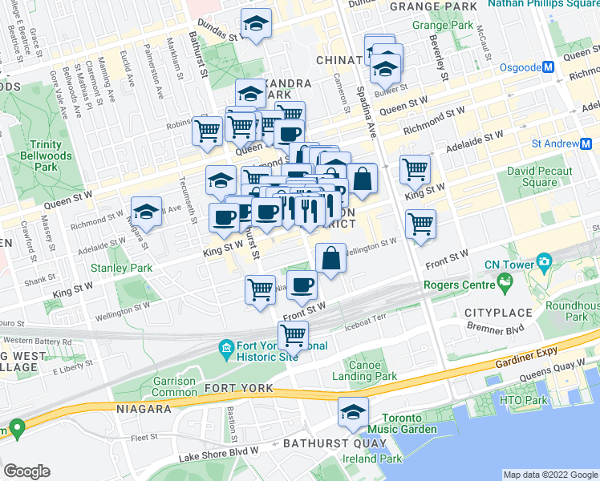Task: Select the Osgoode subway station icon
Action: pyautogui.click(x=549, y=67)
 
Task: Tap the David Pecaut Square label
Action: pyautogui.click(x=539, y=176)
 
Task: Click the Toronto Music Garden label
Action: pyautogui.click(x=409, y=423)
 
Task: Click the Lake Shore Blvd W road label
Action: pyautogui.click(x=219, y=455)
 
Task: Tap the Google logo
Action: pyautogui.click(x=26, y=471)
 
